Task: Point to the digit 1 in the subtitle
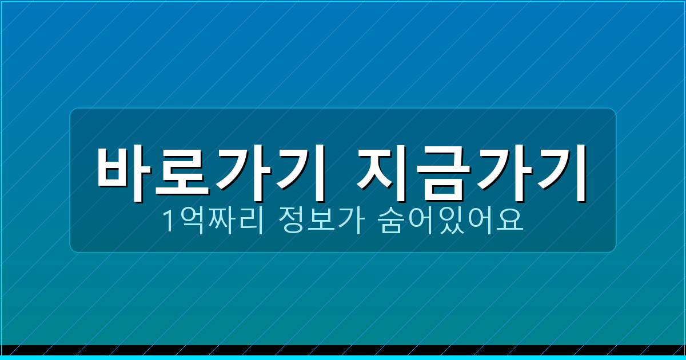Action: (x=169, y=222)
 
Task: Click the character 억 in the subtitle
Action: (x=190, y=222)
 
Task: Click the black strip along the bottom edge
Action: (x=343, y=350)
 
